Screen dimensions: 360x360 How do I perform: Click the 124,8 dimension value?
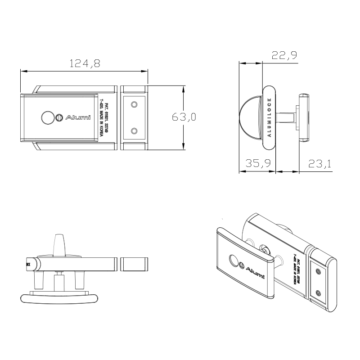click(x=84, y=63)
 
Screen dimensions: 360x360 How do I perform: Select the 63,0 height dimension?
click(x=184, y=117)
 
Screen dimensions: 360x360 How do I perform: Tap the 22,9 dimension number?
click(x=284, y=55)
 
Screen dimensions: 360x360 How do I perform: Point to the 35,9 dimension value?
click(x=258, y=164)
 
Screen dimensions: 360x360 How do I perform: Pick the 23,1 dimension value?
click(x=319, y=164)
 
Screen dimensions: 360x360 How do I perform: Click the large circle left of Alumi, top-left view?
click(x=47, y=117)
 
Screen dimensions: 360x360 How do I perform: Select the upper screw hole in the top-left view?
click(x=134, y=104)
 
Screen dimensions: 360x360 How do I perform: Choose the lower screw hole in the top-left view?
click(x=134, y=131)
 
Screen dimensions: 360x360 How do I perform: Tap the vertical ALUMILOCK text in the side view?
click(x=269, y=117)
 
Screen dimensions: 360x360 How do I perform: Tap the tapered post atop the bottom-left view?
click(x=59, y=246)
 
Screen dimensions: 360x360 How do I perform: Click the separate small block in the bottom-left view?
click(x=135, y=264)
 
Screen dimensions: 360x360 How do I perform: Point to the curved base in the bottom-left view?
click(x=58, y=297)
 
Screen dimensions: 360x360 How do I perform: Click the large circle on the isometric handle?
click(x=234, y=261)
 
